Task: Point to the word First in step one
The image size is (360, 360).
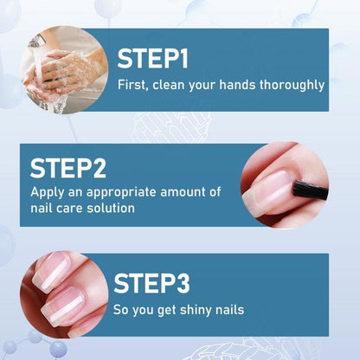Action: [132, 85]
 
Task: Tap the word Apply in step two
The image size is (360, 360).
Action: [48, 192]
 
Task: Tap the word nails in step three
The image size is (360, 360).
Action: [228, 310]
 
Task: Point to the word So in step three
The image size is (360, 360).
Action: [122, 310]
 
